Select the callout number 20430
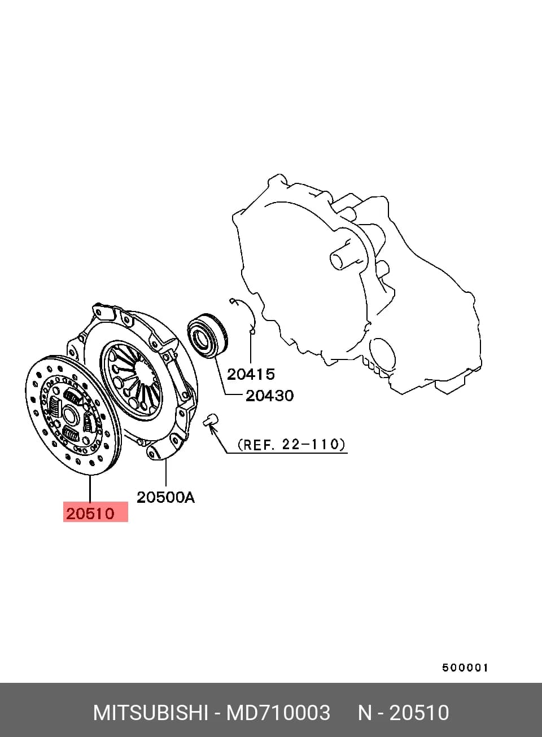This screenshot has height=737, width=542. (269, 396)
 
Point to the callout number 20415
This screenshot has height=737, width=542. (251, 374)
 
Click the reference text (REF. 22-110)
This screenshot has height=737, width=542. (291, 445)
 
